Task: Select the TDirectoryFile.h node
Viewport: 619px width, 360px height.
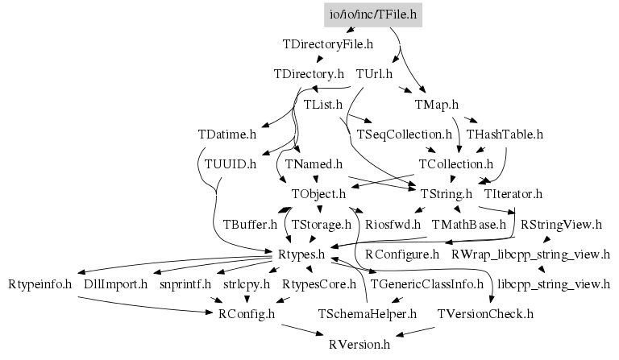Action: [328, 43]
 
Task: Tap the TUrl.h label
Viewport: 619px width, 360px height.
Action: [374, 74]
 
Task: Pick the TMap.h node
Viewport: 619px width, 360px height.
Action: [436, 104]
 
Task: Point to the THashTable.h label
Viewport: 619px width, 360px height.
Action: [505, 134]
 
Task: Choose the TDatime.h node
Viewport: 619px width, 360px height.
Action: [226, 134]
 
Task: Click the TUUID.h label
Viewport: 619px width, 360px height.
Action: [231, 164]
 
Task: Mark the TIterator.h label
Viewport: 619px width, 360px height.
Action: [513, 194]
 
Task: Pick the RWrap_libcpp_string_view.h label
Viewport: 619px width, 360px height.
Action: [530, 254]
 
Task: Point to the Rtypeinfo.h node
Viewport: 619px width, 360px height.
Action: [40, 284]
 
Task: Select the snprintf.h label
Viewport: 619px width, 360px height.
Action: [185, 284]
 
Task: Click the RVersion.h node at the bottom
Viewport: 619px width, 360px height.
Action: [359, 345]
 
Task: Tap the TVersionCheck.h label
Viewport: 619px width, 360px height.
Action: [485, 314]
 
